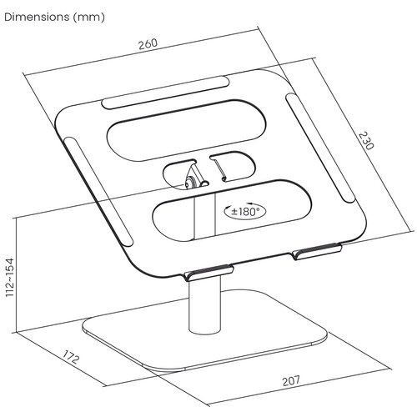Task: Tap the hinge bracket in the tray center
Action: click(x=193, y=176)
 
